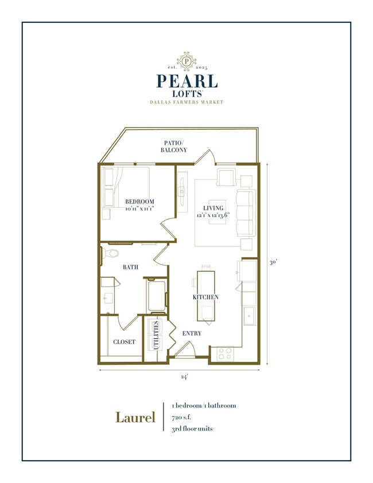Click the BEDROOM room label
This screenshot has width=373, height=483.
[x=140, y=201]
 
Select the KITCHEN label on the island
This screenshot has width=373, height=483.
[x=205, y=297]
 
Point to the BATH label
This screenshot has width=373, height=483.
[x=130, y=267]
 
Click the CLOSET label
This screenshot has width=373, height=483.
[x=124, y=342]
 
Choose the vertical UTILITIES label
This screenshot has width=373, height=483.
[x=156, y=335]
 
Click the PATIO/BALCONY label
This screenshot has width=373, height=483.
[x=173, y=146]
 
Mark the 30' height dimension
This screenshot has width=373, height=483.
[x=274, y=262]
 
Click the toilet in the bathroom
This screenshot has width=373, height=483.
[x=111, y=253]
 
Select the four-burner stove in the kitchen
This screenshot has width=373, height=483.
[x=225, y=353]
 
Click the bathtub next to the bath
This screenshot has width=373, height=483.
[x=157, y=295]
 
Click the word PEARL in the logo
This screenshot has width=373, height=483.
[x=186, y=80]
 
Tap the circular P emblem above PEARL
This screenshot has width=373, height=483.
[x=186, y=60]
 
